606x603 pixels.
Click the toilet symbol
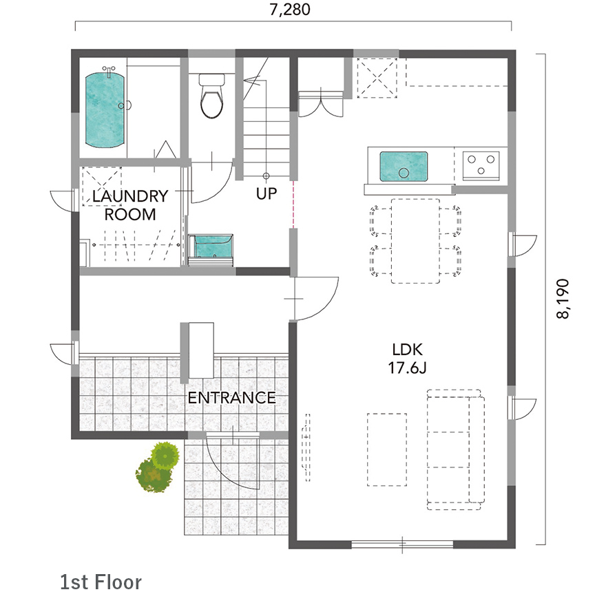[x=211, y=96]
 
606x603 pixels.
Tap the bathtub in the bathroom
[x=105, y=110]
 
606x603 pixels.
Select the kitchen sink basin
[x=404, y=167]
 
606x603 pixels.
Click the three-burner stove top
[x=481, y=165]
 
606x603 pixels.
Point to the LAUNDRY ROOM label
[x=130, y=205]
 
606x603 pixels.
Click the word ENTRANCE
[x=231, y=397]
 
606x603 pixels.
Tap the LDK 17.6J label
[x=408, y=359]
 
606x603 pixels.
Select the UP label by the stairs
[x=267, y=193]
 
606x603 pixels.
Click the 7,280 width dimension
[x=290, y=9]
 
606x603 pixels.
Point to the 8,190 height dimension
[x=563, y=299]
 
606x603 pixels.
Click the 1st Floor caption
[x=101, y=582]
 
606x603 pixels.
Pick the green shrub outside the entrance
[x=158, y=467]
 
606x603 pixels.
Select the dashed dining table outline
[x=415, y=241]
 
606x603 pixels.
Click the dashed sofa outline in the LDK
[x=456, y=449]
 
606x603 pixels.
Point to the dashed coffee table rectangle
[x=386, y=449]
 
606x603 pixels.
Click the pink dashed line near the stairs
[x=293, y=204]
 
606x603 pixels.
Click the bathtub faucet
[x=109, y=71]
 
